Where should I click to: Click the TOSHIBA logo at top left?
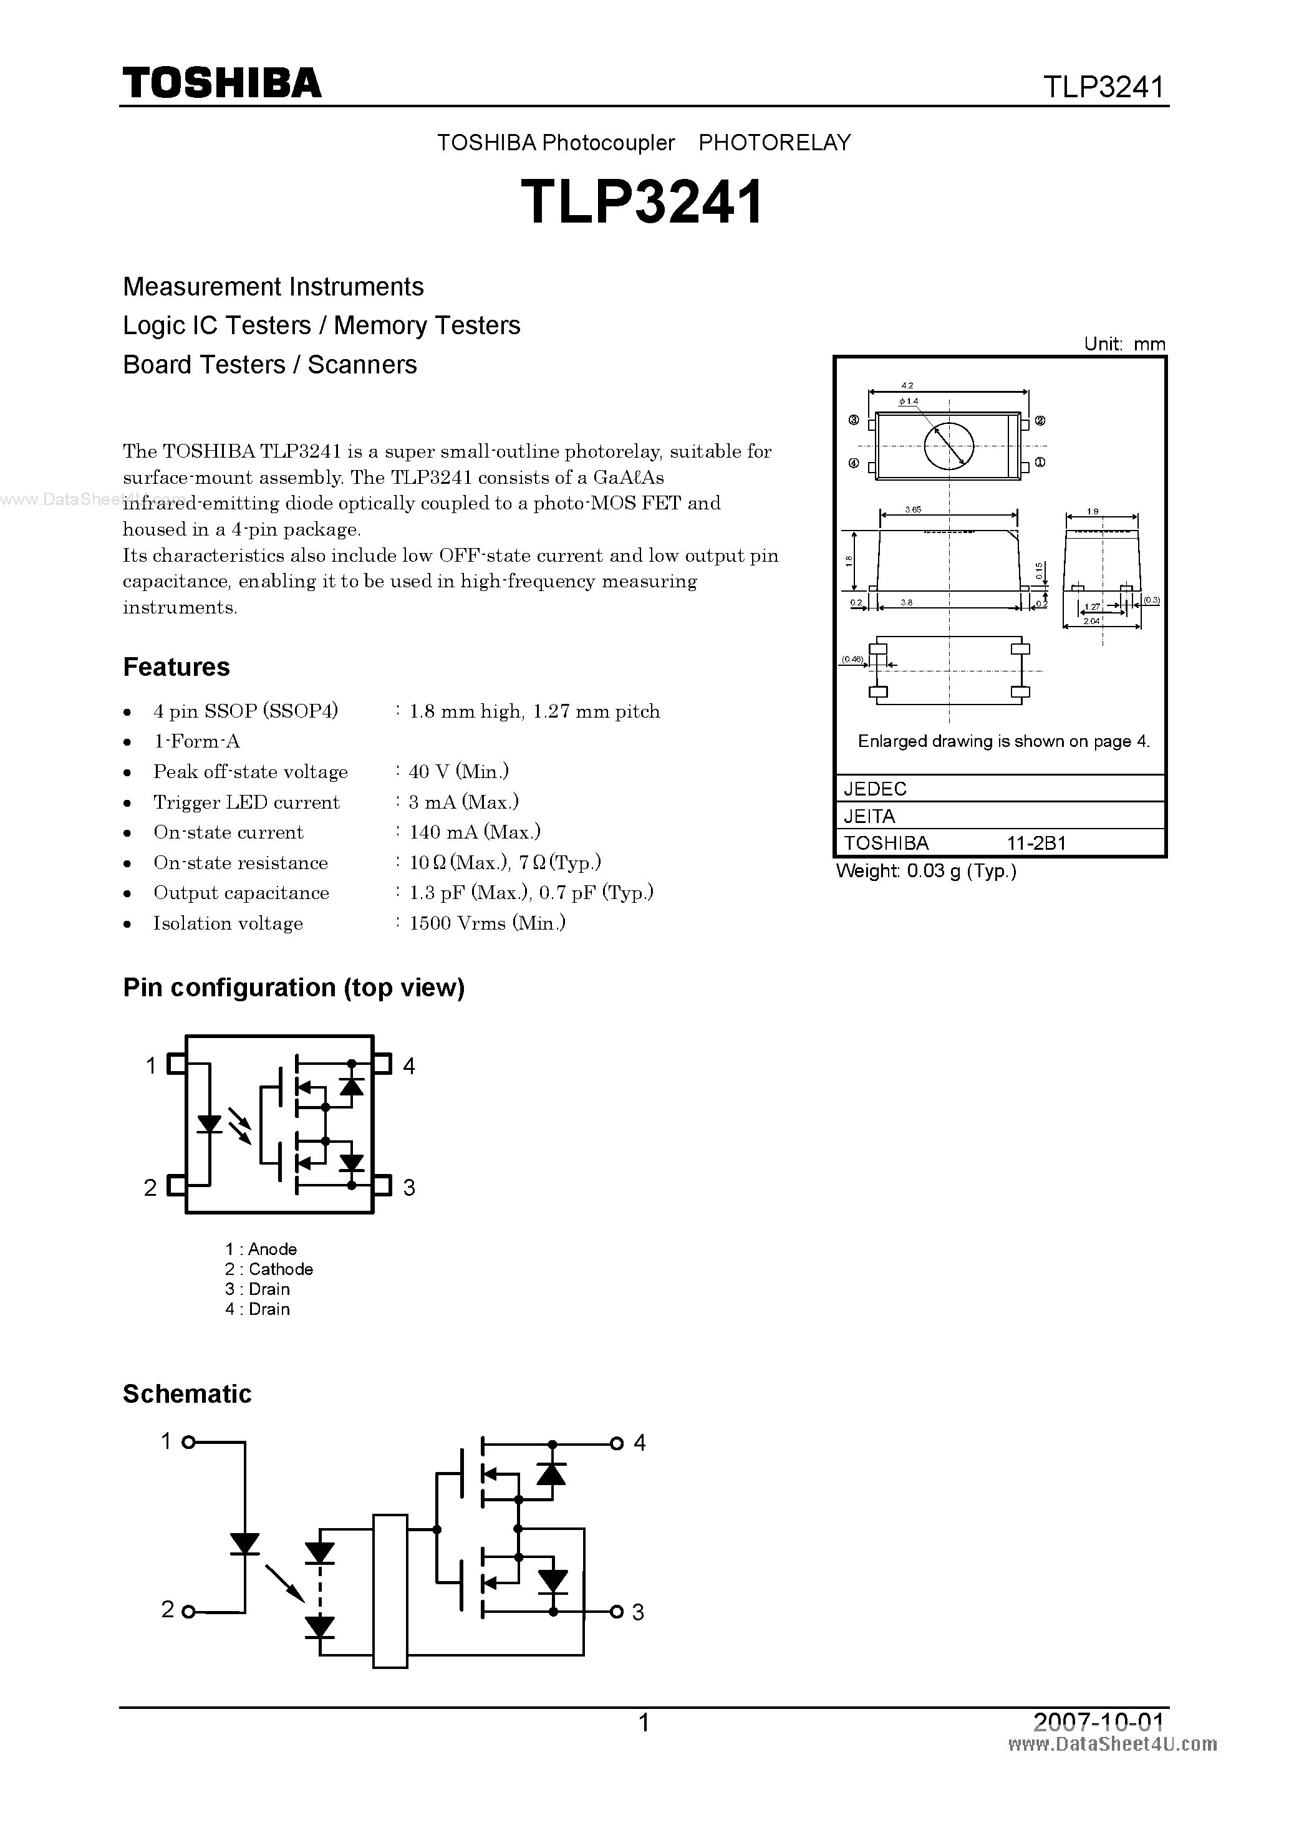pos(221,82)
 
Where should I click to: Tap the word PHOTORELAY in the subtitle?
pos(775,143)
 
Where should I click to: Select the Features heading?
pos(176,667)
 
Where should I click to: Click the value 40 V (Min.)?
pos(458,771)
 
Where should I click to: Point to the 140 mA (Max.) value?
pos(474,832)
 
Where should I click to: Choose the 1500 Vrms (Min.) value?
pos(487,923)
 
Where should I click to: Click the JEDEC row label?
pos(874,789)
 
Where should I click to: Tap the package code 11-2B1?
pos(1036,843)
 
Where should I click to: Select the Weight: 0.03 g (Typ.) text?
pos(926,871)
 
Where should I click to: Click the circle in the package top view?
pos(949,445)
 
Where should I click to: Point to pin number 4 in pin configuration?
pos(409,1065)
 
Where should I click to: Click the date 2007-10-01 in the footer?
pos(1098,1721)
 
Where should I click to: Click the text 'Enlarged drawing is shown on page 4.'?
pos(1004,741)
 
